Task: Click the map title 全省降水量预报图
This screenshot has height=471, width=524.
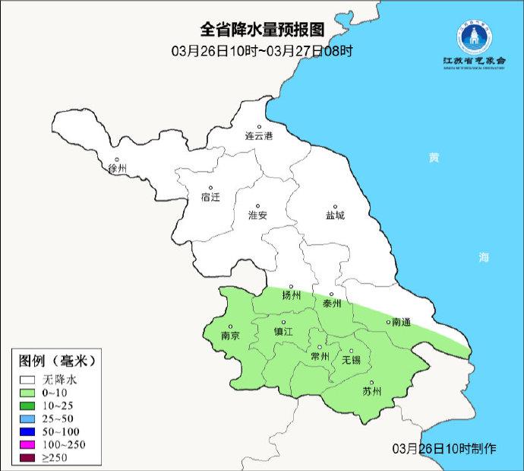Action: pyautogui.click(x=261, y=30)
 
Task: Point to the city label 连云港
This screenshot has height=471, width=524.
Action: pyautogui.click(x=258, y=136)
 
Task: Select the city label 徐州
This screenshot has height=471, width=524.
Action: pyautogui.click(x=118, y=168)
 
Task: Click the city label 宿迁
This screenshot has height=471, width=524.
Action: pyautogui.click(x=210, y=197)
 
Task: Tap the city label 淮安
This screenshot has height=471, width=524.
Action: pyautogui.click(x=258, y=215)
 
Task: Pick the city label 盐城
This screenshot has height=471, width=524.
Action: pyautogui.click(x=334, y=215)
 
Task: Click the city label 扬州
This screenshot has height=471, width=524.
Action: pyautogui.click(x=292, y=295)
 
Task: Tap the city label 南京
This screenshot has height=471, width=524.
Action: pyautogui.click(x=230, y=334)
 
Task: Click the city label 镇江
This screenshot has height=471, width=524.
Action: pyautogui.click(x=283, y=332)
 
